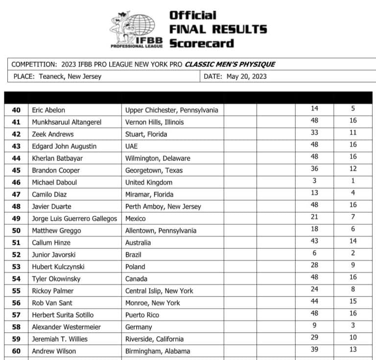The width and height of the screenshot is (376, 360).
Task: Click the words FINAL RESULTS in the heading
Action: click(x=218, y=29)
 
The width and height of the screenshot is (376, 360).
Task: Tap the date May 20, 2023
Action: click(x=246, y=76)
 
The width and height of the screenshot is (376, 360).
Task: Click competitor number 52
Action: click(x=16, y=255)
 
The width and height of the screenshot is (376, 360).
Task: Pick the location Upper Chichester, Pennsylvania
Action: click(x=171, y=110)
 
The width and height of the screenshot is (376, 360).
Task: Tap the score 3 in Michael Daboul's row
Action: click(x=314, y=181)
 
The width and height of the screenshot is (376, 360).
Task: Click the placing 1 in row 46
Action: click(x=353, y=181)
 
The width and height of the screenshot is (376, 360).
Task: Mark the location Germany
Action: click(x=139, y=327)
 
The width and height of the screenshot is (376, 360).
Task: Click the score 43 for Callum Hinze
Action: click(x=314, y=241)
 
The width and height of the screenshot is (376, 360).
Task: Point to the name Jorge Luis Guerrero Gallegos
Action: click(x=74, y=218)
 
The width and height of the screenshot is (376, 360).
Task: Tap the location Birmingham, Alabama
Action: click(x=158, y=351)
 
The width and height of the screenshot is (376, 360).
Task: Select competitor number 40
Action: click(x=16, y=110)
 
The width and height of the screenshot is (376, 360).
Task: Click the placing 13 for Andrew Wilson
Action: click(x=353, y=349)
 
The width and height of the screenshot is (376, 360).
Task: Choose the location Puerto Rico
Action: click(x=142, y=314)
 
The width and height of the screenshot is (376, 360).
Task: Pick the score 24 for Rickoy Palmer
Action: click(x=314, y=289)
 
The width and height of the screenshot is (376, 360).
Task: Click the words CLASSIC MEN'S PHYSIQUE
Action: click(x=230, y=64)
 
